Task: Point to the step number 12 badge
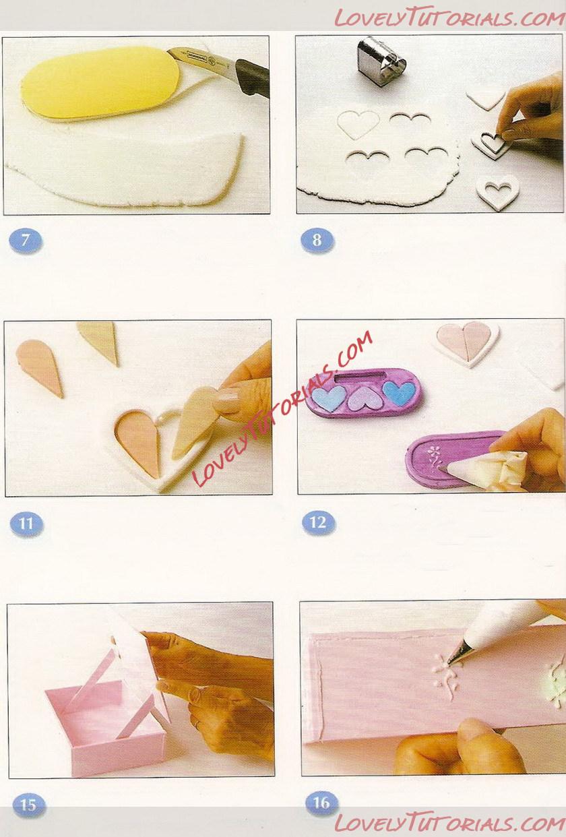click(318, 523)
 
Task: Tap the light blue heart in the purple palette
click(329, 397)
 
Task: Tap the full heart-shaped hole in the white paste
click(358, 124)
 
